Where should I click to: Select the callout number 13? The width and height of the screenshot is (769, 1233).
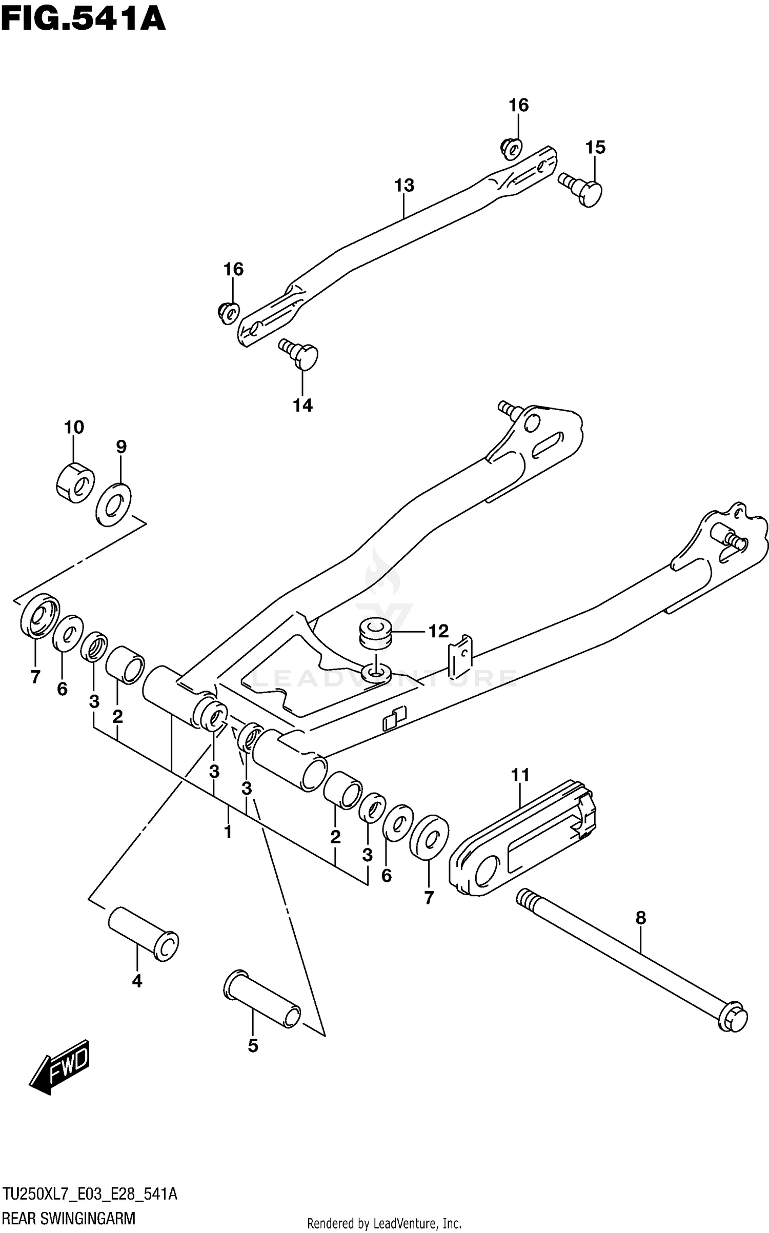404,185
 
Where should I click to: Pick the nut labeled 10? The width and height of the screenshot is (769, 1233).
75,482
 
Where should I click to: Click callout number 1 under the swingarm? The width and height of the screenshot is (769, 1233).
228,832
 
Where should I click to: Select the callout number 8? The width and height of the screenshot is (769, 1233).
640,918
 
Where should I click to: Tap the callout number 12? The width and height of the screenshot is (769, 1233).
438,631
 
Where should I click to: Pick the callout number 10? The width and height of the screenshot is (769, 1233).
74,427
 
